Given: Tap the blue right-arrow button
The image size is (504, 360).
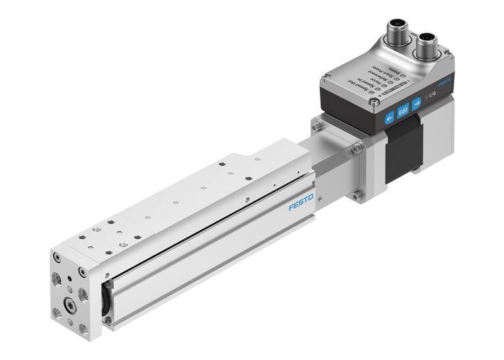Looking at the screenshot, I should [x=416, y=102].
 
